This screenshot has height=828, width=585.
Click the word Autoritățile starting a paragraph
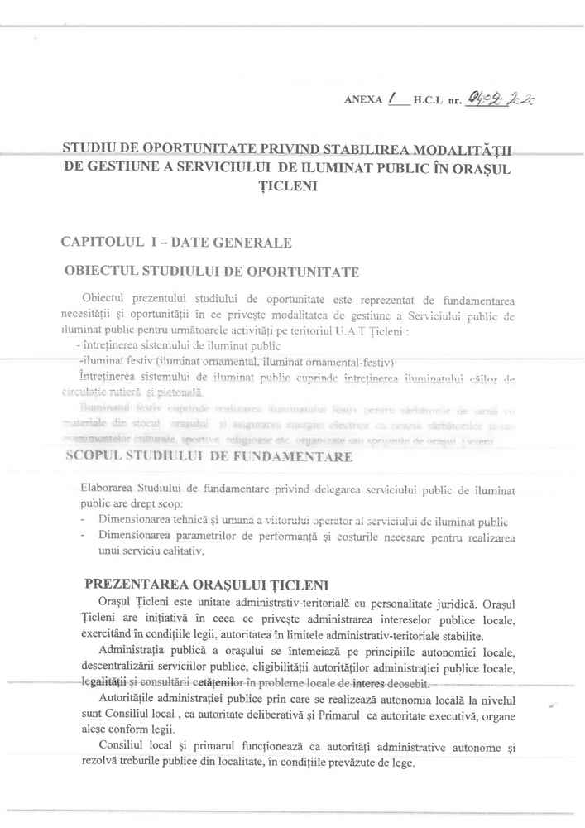coord(133,700)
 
